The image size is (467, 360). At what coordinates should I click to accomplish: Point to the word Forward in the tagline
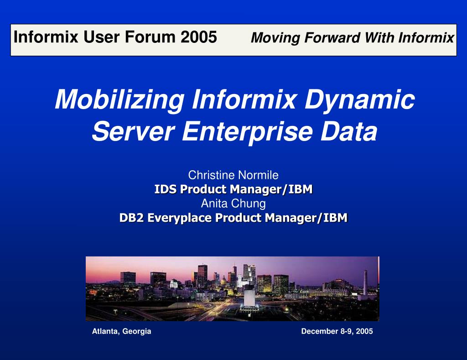[332, 38]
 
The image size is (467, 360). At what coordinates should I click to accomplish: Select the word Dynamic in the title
[359, 100]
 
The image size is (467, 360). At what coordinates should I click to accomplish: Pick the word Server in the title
[133, 131]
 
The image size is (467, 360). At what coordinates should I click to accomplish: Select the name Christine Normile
[233, 175]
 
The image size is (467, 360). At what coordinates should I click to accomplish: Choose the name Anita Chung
[233, 203]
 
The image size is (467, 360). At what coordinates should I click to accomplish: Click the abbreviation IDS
[165, 189]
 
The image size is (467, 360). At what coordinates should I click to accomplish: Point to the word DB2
[131, 218]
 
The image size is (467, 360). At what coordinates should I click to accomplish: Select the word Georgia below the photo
[137, 332]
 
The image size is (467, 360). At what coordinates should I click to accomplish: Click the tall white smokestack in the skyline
[365, 282]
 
